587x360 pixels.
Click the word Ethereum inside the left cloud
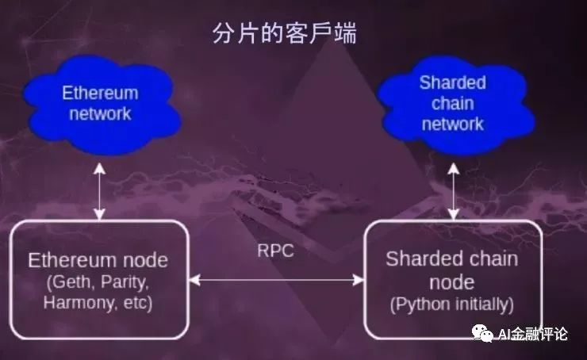100,94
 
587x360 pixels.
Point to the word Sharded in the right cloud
452,83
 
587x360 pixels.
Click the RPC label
275,251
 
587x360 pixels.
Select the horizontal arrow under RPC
277,280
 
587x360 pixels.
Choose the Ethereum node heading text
98,261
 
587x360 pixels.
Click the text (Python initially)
452,304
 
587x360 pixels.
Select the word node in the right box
452,282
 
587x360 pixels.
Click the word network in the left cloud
100,113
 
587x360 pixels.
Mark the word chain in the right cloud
452,104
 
